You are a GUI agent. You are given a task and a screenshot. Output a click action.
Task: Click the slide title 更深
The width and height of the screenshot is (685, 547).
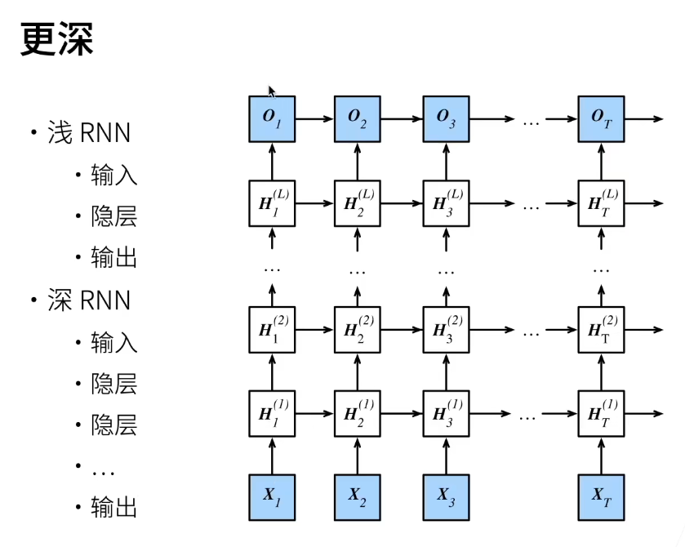click(57, 39)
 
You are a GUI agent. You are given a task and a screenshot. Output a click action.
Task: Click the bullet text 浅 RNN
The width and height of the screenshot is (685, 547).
click(89, 132)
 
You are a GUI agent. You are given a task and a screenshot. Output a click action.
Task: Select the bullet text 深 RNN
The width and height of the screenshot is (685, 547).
click(89, 300)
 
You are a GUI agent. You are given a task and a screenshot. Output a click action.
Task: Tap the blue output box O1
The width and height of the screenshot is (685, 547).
click(272, 119)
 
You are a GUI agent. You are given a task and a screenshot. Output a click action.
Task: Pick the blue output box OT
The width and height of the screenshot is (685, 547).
click(601, 119)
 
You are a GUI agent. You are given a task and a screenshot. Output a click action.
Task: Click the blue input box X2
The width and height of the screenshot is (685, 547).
click(358, 497)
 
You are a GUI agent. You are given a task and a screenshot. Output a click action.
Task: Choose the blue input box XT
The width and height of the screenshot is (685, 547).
click(601, 497)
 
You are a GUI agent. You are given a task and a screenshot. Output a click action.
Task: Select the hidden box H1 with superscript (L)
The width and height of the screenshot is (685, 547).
click(272, 203)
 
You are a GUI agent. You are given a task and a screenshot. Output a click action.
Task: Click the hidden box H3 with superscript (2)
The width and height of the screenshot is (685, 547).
click(446, 329)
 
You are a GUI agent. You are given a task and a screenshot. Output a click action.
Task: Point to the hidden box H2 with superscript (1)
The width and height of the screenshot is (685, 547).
click(358, 413)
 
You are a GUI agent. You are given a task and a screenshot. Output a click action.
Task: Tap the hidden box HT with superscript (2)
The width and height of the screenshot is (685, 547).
click(601, 329)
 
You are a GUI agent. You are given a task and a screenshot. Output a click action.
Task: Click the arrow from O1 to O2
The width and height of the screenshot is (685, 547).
click(314, 119)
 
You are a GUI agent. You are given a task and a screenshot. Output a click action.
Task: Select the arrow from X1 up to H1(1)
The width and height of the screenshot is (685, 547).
click(272, 456)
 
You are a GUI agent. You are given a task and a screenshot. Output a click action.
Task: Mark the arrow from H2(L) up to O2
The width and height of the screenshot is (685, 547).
click(358, 161)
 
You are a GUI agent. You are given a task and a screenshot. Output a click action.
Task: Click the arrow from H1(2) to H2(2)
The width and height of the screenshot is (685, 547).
click(314, 329)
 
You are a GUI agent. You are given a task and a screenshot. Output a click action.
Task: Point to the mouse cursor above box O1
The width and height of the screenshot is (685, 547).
click(271, 91)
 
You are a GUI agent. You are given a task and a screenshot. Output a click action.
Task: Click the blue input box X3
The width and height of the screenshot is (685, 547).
click(446, 497)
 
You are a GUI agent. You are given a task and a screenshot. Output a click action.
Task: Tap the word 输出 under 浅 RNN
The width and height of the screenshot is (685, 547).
click(113, 257)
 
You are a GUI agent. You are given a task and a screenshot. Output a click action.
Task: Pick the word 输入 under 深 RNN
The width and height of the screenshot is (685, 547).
click(113, 342)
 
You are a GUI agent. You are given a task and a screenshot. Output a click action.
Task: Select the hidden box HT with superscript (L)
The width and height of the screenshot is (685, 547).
click(601, 203)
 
